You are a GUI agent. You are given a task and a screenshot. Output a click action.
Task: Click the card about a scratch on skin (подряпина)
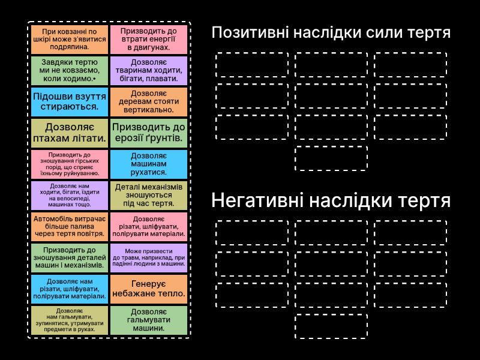(x=70, y=40)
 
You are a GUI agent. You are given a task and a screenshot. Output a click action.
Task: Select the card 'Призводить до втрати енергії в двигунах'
(x=149, y=40)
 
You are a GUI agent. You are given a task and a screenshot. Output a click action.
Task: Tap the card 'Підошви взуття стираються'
(x=70, y=101)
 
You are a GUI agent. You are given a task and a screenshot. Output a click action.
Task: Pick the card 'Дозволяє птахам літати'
(x=70, y=133)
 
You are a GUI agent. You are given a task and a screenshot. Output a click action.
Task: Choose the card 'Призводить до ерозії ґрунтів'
(x=149, y=133)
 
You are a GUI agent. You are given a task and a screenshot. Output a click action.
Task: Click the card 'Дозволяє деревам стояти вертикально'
(x=149, y=101)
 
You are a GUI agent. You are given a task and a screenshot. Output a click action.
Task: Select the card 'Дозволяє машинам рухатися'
(x=149, y=164)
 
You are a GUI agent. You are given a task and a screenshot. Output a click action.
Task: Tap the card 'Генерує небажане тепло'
(x=149, y=289)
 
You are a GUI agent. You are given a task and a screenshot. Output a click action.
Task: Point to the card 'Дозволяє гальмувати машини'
(x=149, y=320)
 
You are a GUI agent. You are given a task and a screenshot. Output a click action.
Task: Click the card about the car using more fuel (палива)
(x=70, y=227)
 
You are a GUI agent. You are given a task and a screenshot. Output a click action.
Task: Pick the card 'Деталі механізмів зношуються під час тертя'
(x=149, y=196)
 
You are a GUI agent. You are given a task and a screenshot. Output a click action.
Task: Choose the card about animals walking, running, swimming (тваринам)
(x=149, y=70)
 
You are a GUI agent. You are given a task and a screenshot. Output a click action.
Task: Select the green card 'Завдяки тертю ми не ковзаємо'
(x=70, y=70)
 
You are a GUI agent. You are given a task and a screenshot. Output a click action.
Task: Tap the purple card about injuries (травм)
(x=149, y=258)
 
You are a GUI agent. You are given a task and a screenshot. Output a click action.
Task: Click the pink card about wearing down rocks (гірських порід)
(x=70, y=164)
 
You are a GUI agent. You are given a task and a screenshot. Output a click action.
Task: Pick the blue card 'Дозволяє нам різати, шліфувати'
(x=70, y=289)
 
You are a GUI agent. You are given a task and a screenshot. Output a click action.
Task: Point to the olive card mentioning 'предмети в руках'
(x=70, y=320)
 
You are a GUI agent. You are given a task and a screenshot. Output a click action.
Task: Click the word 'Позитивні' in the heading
(x=250, y=32)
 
